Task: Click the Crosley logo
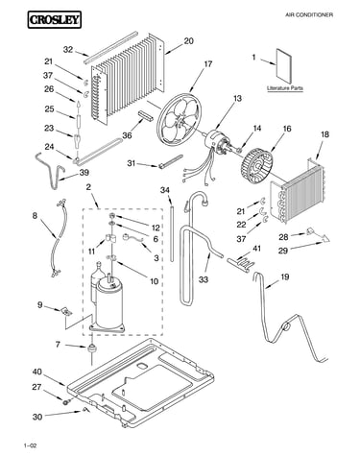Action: [x=54, y=20]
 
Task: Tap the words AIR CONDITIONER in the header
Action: [x=309, y=14]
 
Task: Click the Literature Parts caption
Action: [x=285, y=88]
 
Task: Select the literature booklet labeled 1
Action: [x=284, y=66]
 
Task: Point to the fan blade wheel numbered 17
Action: [x=180, y=118]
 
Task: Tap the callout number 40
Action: [x=37, y=372]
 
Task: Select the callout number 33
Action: [x=204, y=279]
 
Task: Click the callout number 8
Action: [x=35, y=215]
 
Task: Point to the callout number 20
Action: [x=188, y=41]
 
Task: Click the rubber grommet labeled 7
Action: [x=91, y=348]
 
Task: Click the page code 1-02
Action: [x=30, y=445]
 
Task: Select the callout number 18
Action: [x=324, y=134]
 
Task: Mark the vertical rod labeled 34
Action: [x=172, y=234]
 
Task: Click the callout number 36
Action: [x=127, y=135]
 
